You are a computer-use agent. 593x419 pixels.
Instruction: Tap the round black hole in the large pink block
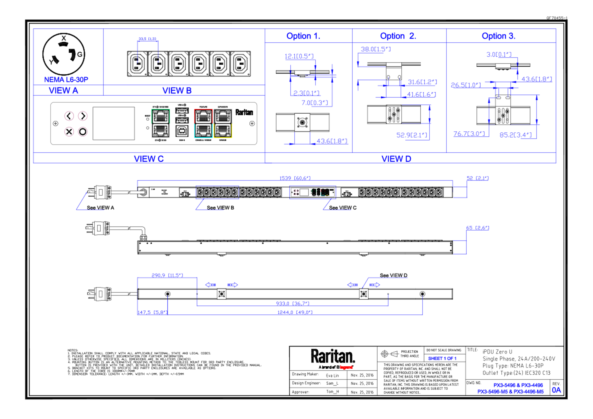(83, 132)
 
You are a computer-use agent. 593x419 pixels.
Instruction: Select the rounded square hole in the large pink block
(69, 132)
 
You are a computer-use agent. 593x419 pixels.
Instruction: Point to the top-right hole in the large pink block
(83, 116)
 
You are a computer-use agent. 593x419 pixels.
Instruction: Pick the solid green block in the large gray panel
(172, 116)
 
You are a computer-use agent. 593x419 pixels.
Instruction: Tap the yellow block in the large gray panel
(233, 131)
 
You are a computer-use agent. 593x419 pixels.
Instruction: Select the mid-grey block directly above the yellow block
(233, 116)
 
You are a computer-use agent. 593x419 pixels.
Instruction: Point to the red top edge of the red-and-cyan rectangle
(203, 109)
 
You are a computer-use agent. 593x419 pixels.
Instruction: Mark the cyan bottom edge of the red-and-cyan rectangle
(203, 138)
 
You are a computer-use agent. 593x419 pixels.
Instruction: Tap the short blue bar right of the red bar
(446, 359)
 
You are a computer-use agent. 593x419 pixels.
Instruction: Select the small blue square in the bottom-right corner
(557, 391)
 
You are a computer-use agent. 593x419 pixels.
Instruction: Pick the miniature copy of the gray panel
(313, 192)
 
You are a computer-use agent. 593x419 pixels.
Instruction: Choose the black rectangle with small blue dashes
(195, 67)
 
